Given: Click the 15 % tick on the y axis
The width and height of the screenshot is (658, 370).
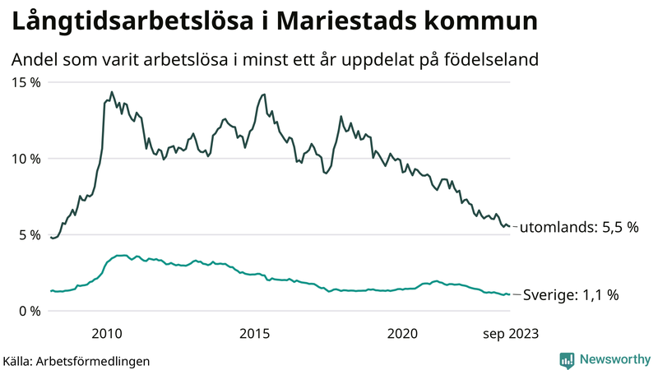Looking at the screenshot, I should (25, 82).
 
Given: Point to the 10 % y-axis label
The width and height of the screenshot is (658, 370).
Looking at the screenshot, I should (25, 159).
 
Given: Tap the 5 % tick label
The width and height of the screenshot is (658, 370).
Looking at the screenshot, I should (28, 234).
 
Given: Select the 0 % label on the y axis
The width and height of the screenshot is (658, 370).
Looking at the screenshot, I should (28, 311).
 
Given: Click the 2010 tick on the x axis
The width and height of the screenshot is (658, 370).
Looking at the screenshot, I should (107, 333).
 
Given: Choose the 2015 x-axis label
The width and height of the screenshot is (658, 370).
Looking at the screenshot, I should (255, 333).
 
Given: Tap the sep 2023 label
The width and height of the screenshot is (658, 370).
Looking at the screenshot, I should (510, 333).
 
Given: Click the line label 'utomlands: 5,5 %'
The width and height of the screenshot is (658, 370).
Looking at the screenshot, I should (581, 228).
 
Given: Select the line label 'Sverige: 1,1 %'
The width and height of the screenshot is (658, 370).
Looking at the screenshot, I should (571, 294).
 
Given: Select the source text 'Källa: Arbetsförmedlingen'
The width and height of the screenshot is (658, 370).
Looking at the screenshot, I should (76, 361).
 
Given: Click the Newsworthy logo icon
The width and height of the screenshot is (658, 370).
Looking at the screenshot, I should (567, 359).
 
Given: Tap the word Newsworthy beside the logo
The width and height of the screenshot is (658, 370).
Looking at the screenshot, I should (614, 359).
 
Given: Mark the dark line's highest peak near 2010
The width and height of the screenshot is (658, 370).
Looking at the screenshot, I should (112, 92).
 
